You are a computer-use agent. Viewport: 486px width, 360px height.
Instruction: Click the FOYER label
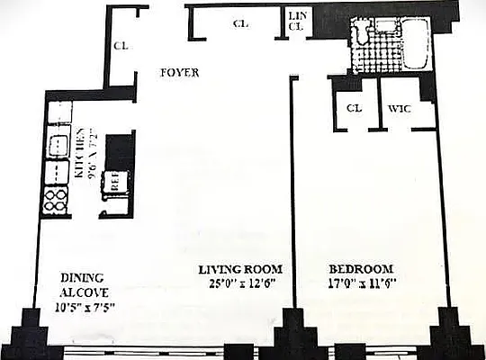pyautogui.click(x=180, y=73)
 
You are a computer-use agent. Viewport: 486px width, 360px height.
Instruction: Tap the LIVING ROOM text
pyautogui.click(x=240, y=269)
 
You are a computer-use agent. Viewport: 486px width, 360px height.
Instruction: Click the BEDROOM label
pyautogui.click(x=360, y=269)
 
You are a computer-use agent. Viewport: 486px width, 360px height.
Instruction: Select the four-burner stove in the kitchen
pyautogui.click(x=55, y=199)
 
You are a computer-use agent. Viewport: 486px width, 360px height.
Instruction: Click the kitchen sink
pyautogui.click(x=57, y=147)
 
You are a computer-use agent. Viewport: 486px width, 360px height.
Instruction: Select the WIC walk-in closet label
pyautogui.click(x=400, y=109)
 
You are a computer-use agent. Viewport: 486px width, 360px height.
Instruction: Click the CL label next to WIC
pyautogui.click(x=354, y=109)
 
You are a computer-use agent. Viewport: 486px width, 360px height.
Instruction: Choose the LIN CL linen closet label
pyautogui.click(x=296, y=20)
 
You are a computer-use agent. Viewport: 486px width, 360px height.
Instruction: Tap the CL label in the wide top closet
pyautogui.click(x=239, y=24)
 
